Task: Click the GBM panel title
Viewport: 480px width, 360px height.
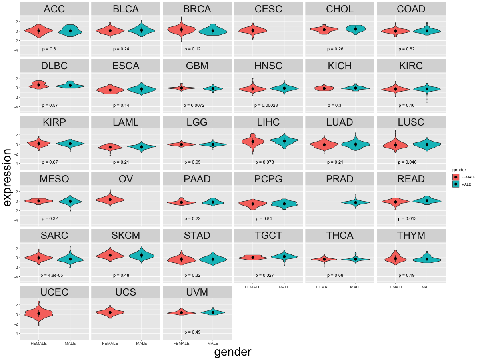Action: [197, 66]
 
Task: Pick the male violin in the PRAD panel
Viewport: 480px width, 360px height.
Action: [355, 202]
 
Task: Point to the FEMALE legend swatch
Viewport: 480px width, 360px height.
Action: [456, 177]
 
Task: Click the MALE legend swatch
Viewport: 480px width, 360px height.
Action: [456, 184]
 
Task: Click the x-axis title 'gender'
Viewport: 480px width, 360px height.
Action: [233, 352]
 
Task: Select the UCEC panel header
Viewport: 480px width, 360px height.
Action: [54, 292]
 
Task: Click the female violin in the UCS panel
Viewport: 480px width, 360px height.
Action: [110, 312]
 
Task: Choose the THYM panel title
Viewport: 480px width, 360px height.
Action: [411, 236]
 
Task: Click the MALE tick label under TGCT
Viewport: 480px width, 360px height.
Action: [284, 287]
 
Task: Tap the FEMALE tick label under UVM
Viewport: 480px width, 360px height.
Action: [182, 343]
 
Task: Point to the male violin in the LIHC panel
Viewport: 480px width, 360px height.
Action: [284, 140]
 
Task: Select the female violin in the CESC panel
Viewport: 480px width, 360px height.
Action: [253, 30]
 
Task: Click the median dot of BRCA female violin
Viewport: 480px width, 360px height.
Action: [182, 30]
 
